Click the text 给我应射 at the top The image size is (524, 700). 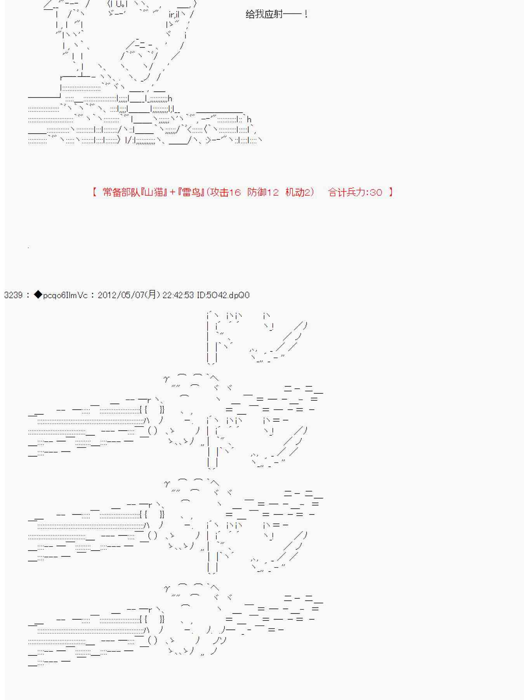click(264, 14)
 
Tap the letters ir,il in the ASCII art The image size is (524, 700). click(174, 15)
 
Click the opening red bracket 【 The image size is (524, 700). click(94, 192)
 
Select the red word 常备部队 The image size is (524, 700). click(121, 192)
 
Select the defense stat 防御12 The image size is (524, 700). click(263, 192)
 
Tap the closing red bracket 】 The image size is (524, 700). click(390, 192)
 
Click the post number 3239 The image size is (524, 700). click(13, 295)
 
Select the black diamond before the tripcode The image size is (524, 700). click(38, 295)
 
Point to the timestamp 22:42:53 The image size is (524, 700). click(178, 295)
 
